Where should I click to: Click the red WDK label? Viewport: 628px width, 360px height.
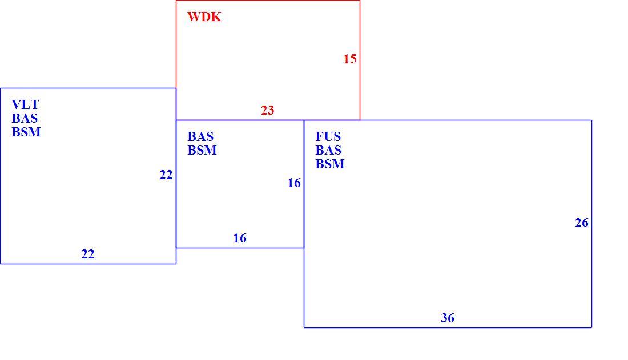click(204, 17)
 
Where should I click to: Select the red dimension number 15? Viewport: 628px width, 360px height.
click(350, 59)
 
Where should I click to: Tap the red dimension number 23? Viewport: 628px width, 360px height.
click(268, 110)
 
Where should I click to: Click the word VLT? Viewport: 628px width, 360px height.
click(25, 104)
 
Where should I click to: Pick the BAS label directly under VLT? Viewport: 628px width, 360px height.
click(25, 118)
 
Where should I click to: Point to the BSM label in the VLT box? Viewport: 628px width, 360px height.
click(26, 132)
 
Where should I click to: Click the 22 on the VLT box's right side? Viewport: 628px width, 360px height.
click(166, 175)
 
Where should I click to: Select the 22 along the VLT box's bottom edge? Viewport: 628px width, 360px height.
click(88, 254)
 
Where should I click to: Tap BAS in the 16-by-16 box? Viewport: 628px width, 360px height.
click(200, 136)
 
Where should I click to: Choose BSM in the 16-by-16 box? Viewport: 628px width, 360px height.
click(202, 150)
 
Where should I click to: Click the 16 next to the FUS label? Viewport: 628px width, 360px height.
click(294, 183)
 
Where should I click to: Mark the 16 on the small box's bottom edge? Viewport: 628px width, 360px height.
click(240, 238)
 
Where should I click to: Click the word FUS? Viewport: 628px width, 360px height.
click(328, 136)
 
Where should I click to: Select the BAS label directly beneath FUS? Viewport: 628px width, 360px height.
click(328, 150)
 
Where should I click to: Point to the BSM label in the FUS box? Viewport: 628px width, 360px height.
click(330, 164)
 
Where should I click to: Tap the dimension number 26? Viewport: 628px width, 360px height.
click(582, 223)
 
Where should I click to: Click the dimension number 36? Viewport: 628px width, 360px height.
click(448, 318)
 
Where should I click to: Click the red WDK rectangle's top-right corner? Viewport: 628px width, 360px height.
click(360, 1)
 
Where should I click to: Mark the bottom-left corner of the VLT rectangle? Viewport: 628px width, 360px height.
click(1, 264)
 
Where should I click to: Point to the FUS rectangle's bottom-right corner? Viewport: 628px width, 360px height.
click(591, 327)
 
